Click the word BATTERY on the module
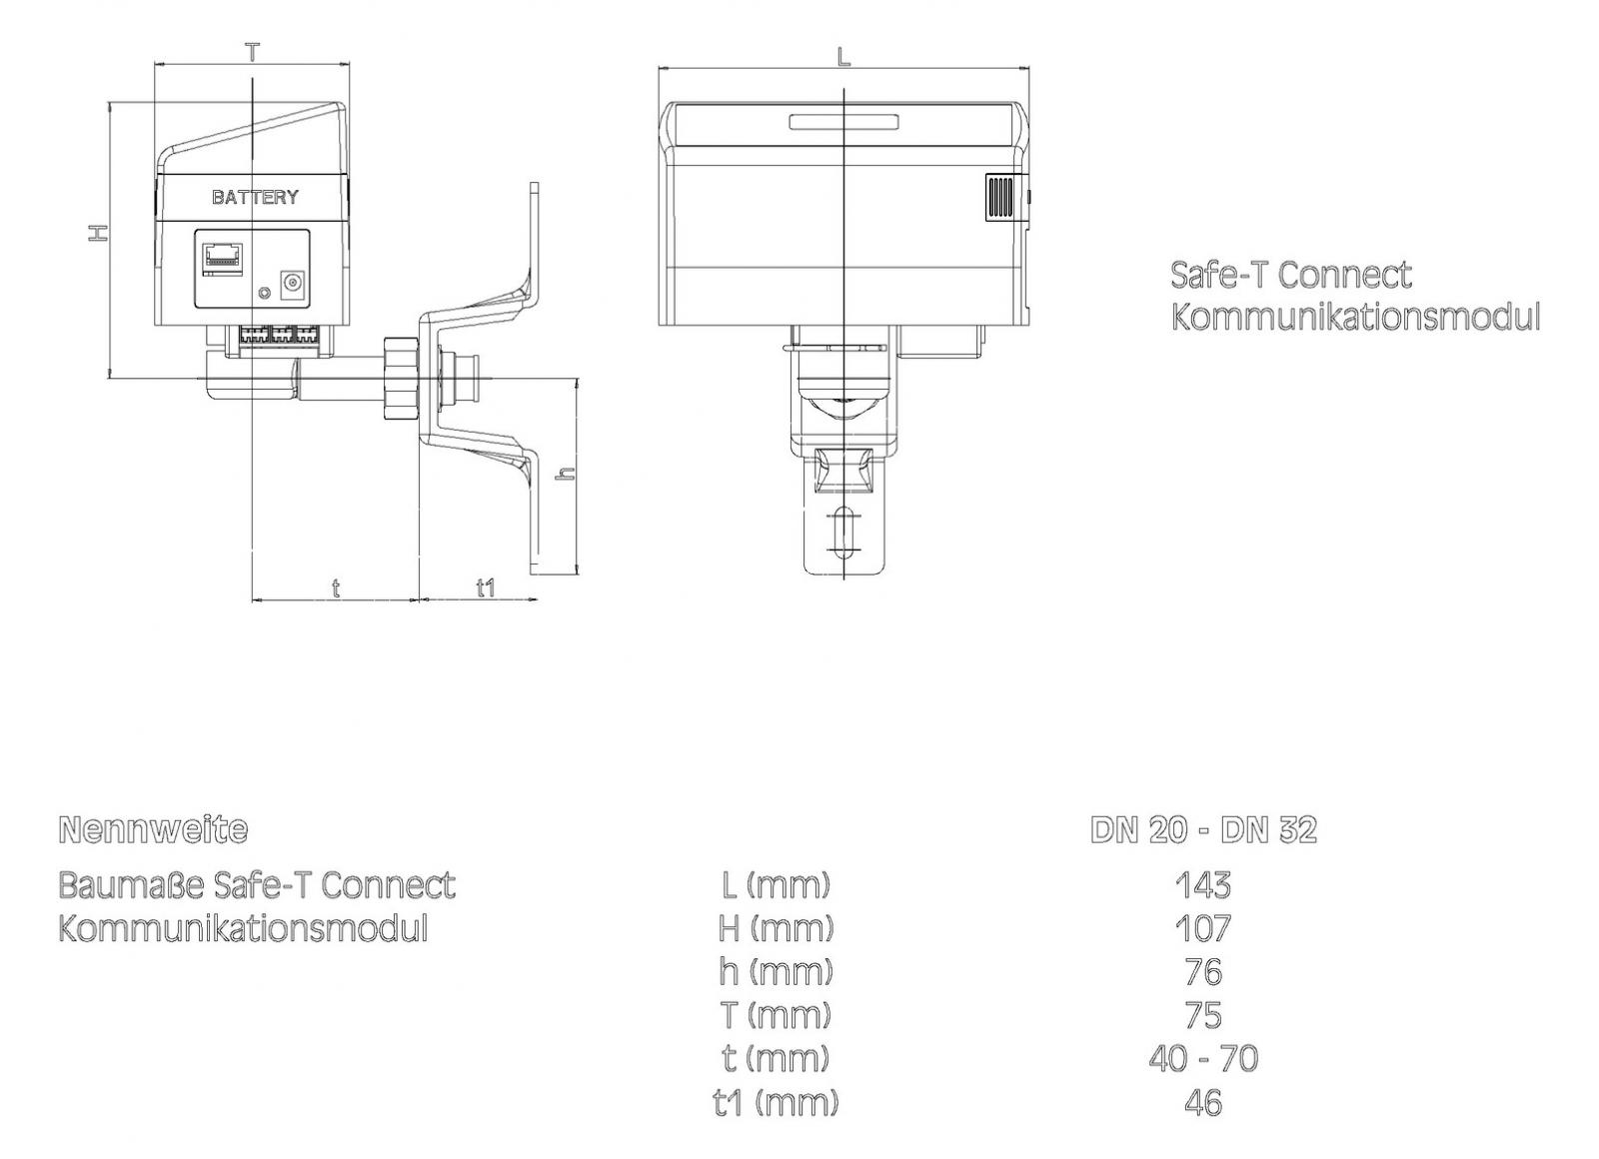(x=255, y=197)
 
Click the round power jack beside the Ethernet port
(x=294, y=285)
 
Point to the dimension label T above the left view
(x=253, y=52)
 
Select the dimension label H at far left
(x=97, y=233)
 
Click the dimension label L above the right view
(x=843, y=57)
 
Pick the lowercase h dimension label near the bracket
(x=565, y=474)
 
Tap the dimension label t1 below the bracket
(x=485, y=587)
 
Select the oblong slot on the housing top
(x=844, y=123)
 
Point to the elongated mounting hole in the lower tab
(x=844, y=533)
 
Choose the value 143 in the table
(x=1203, y=884)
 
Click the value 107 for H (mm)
(x=1203, y=928)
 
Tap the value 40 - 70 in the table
(x=1203, y=1058)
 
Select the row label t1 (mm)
(x=777, y=1102)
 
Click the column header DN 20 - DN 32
(x=1203, y=829)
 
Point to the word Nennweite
(x=153, y=829)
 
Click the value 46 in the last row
(x=1203, y=1102)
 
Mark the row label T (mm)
(x=777, y=1015)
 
